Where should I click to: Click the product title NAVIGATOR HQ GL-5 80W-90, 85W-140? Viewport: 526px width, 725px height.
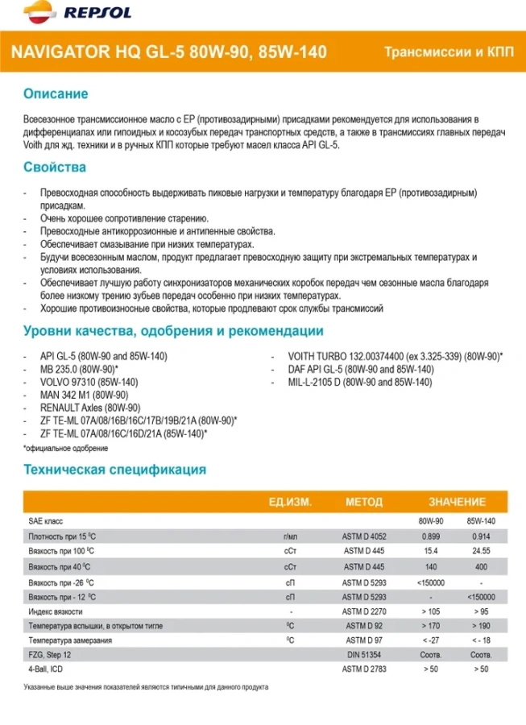pos(168,52)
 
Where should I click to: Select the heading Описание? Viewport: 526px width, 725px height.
pos(55,94)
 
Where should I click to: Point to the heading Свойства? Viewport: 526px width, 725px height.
pos(55,168)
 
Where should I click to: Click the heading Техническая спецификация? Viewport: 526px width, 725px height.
pos(114,470)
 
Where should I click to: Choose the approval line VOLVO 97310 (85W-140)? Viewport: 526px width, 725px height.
pos(89,381)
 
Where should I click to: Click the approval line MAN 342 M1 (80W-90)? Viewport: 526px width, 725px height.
pos(84,394)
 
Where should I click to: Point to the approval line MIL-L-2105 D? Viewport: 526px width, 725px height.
pos(359,381)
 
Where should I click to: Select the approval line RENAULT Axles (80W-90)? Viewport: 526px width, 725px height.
pos(90,407)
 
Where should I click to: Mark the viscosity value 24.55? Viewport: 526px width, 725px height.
pos(481,551)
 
